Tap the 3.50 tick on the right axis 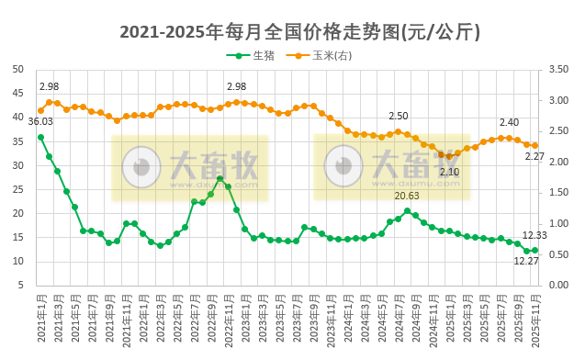pyautogui.click(x=558, y=69)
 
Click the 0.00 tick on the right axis pyautogui.click(x=558, y=285)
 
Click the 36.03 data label pyautogui.click(x=40, y=121)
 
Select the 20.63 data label pyautogui.click(x=407, y=196)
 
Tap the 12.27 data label pyautogui.click(x=526, y=261)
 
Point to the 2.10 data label pyautogui.click(x=449, y=172)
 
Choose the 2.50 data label pyautogui.click(x=399, y=116)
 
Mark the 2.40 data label pyautogui.click(x=509, y=122)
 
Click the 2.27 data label pyautogui.click(x=535, y=156)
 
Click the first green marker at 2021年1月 pyautogui.click(x=40, y=137)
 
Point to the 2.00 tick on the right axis pyautogui.click(x=558, y=162)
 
